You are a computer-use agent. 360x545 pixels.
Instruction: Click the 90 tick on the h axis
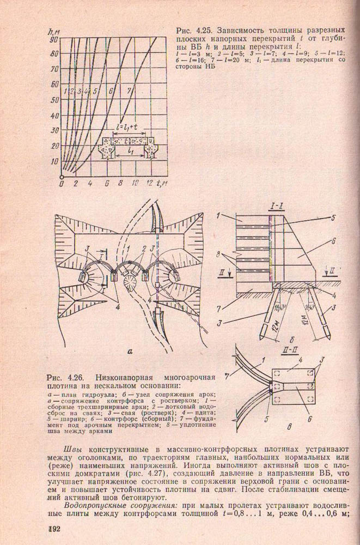(x=54, y=39)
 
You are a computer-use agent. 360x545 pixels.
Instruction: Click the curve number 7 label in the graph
(x=129, y=89)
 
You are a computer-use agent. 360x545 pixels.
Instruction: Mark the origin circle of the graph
(x=62, y=177)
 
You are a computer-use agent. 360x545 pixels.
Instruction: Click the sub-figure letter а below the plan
(x=130, y=352)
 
